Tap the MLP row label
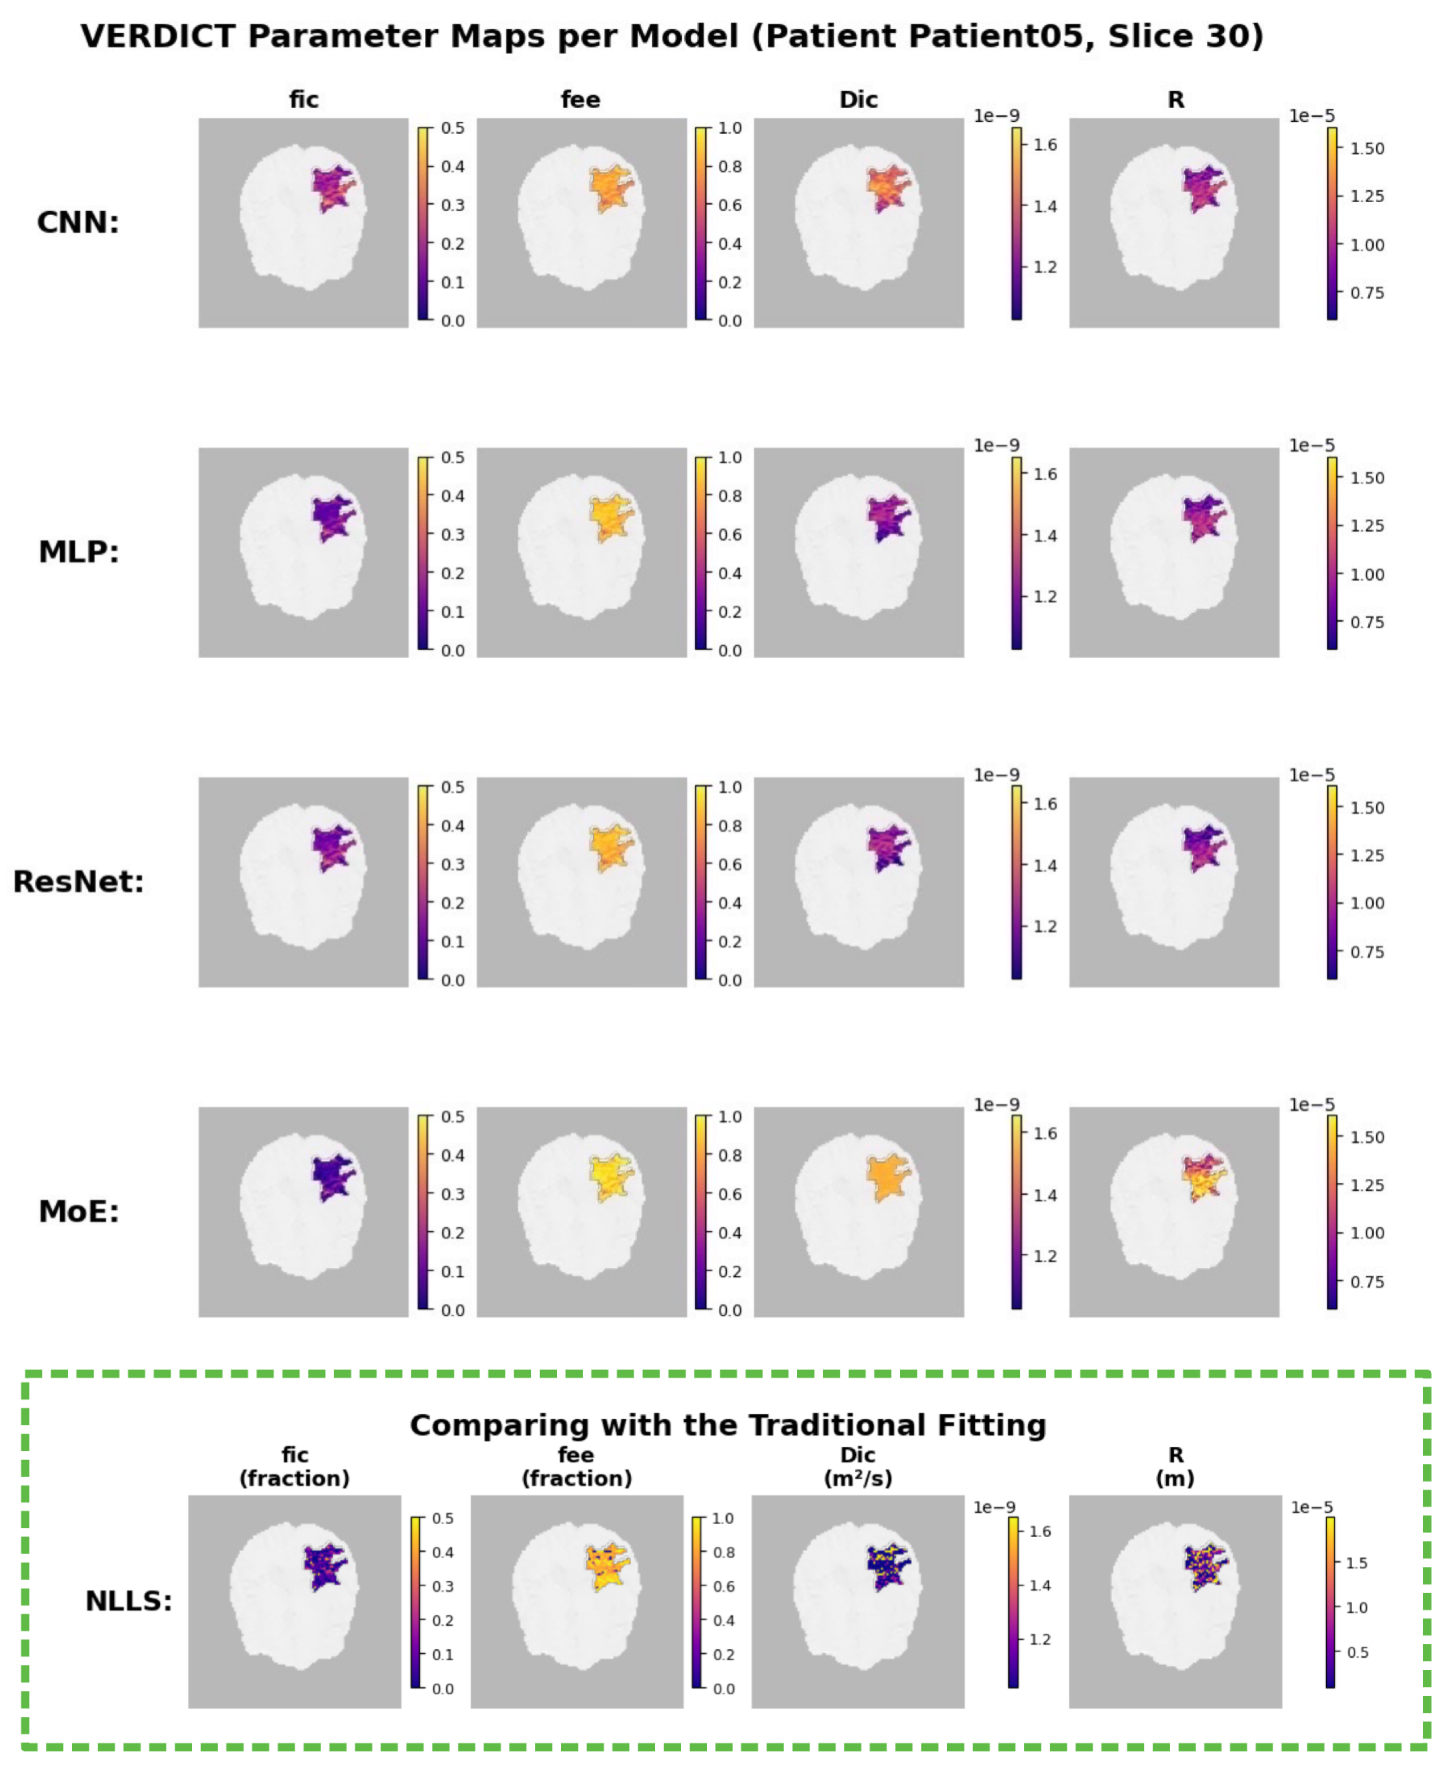point(78,552)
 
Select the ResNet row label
point(78,882)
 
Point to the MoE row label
point(78,1211)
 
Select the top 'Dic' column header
point(859,100)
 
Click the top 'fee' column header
point(581,100)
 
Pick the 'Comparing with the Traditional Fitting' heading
point(727,1425)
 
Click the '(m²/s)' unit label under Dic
point(858,1479)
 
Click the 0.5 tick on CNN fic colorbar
point(453,128)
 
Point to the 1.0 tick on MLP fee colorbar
point(730,457)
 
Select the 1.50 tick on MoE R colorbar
point(1367,1137)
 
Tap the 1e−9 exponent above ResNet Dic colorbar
point(997,775)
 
